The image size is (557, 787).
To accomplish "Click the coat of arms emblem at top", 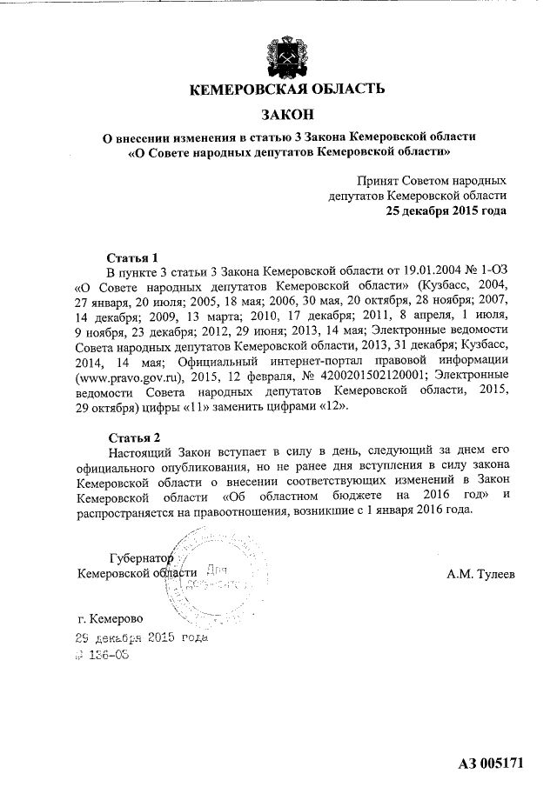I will click(x=286, y=52).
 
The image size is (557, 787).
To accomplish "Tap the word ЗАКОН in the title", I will click(x=286, y=115).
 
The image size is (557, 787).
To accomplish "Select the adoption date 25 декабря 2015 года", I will click(x=446, y=210).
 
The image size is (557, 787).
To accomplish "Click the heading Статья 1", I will click(x=132, y=258).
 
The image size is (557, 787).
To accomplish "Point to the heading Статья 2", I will click(x=132, y=436).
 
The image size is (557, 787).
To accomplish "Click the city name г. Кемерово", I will click(x=111, y=619).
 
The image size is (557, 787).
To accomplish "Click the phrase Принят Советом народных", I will click(x=431, y=181).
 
